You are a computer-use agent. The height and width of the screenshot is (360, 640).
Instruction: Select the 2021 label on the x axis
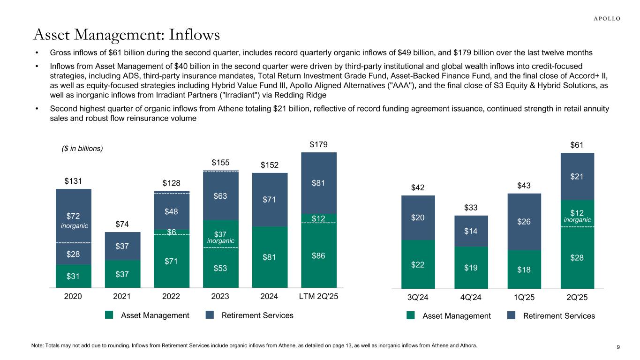122,297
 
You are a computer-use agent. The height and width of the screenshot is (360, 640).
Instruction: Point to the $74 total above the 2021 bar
122,224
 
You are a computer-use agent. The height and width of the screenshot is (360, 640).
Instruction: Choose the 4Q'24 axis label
471,297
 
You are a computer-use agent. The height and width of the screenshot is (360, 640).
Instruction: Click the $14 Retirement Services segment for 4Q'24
471,231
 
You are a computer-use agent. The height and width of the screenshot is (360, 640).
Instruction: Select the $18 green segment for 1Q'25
524,270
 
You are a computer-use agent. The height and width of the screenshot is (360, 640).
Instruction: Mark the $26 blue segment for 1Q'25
524,222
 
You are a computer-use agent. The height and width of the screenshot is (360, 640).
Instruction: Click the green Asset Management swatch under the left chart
109,315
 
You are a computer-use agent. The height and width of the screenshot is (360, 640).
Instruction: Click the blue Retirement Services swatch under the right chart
512,316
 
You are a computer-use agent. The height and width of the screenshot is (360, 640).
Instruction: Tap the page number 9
618,347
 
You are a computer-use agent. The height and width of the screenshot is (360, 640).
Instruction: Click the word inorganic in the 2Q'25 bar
577,219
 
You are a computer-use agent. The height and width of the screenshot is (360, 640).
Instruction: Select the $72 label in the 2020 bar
73,217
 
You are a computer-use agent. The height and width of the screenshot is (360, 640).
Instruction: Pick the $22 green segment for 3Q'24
418,264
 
